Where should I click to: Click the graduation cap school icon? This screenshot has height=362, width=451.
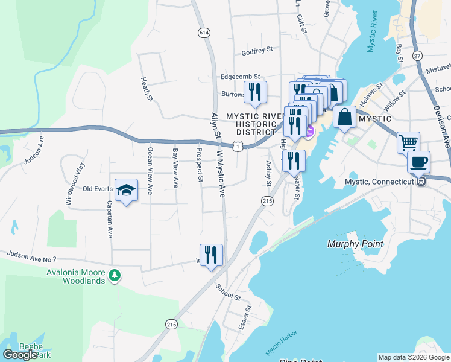point(126,190)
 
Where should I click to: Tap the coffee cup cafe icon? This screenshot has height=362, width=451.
point(418,162)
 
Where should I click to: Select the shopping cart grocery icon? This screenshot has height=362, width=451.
point(408,143)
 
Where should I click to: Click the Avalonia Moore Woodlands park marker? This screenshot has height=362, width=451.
point(115,276)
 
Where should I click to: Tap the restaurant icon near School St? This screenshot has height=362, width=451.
point(211,255)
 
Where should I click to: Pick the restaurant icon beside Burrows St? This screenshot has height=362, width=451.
point(255,92)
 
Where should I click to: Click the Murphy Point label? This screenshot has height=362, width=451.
point(355,244)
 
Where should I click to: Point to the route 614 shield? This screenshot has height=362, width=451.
point(204,33)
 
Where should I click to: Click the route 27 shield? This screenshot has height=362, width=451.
point(417,56)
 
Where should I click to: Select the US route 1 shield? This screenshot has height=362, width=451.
point(239,146)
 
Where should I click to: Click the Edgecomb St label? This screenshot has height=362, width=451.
point(240,77)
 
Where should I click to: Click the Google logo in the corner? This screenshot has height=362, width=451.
point(20,354)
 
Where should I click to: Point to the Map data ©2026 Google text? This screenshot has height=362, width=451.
point(414,357)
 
